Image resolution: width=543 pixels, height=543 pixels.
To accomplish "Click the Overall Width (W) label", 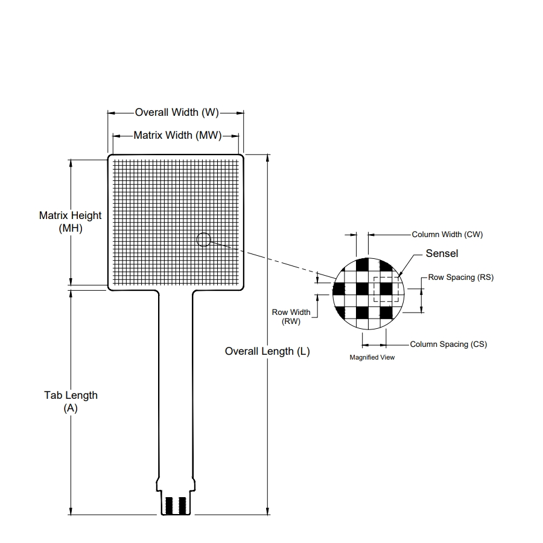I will pyautogui.click(x=176, y=112).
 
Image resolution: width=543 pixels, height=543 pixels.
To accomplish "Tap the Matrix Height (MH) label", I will pyautogui.click(x=71, y=221).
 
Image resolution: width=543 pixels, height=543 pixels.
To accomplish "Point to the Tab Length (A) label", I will pyautogui.click(x=71, y=401).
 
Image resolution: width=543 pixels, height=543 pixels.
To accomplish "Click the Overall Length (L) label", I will pyautogui.click(x=267, y=351).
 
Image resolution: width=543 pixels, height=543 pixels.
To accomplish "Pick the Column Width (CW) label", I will pyautogui.click(x=447, y=235).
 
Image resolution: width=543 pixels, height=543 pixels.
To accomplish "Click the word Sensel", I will pyautogui.click(x=442, y=253).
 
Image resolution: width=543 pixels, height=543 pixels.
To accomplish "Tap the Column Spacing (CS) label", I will pyautogui.click(x=448, y=345).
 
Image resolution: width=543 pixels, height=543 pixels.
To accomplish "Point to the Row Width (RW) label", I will pyautogui.click(x=291, y=317).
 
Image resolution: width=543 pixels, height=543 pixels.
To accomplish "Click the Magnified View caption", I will pyautogui.click(x=372, y=358).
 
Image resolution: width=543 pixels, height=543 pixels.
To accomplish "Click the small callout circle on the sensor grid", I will pyautogui.click(x=203, y=240).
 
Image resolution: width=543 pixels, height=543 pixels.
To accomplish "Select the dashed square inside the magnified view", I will pyautogui.click(x=386, y=289).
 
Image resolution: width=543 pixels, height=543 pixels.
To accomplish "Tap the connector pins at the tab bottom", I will pyautogui.click(x=177, y=506).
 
